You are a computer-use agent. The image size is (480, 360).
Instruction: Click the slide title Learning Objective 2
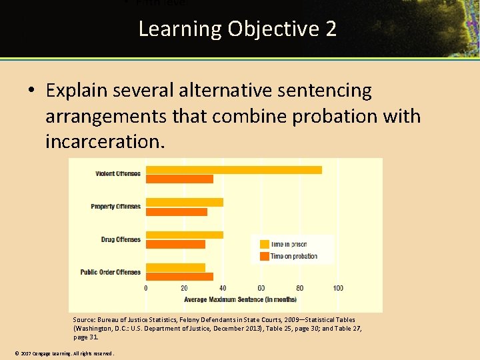click(x=237, y=29)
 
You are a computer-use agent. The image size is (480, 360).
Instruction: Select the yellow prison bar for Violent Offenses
click(x=233, y=169)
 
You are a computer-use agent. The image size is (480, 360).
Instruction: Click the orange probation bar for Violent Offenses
click(x=179, y=179)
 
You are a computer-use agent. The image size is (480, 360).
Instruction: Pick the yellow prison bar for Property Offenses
click(x=185, y=202)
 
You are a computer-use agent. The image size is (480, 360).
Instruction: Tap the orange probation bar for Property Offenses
click(x=177, y=211)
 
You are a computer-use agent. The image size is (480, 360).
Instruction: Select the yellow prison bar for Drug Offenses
click(x=185, y=235)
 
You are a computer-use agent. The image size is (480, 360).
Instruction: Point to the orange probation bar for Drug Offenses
click(x=175, y=244)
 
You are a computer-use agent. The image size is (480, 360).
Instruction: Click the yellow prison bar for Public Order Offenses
click(x=175, y=267)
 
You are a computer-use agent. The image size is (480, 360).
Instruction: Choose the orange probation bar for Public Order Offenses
click(x=179, y=276)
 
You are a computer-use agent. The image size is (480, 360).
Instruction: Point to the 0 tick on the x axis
click(x=146, y=288)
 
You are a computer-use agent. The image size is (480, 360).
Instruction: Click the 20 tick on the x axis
click(x=185, y=288)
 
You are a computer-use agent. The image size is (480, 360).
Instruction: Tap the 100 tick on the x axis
click(x=338, y=288)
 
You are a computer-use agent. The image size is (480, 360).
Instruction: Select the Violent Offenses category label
click(x=117, y=174)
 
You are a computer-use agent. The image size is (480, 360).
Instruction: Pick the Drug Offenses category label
click(x=121, y=239)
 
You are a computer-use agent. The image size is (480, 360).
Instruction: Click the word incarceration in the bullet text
click(x=104, y=141)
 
